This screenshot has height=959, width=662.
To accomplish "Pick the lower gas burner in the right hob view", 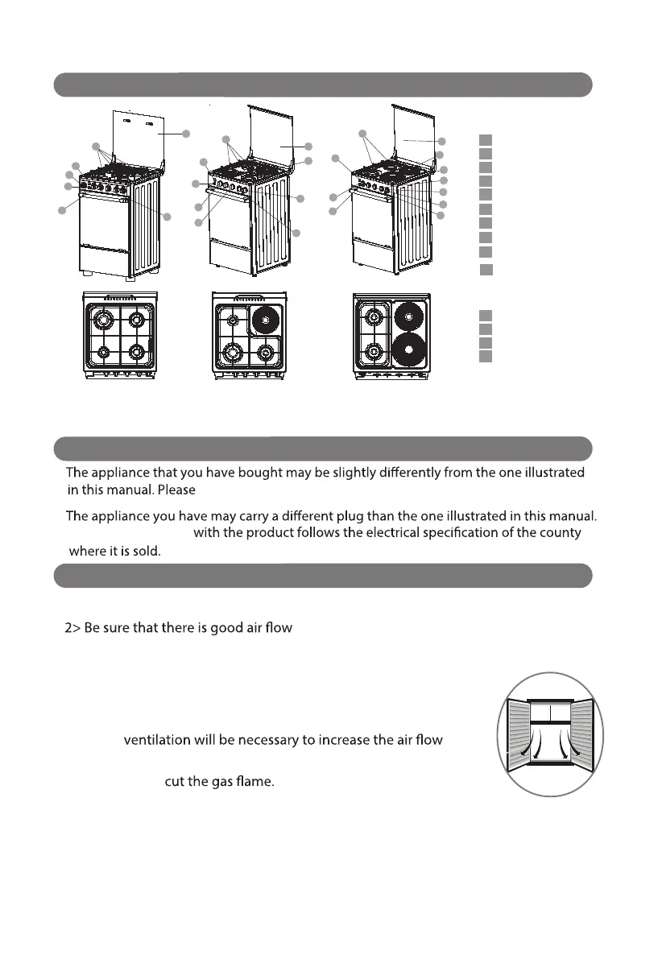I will tap(373, 351).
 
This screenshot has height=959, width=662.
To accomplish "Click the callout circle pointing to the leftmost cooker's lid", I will tap(186, 134).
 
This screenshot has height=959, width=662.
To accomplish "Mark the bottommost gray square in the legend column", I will tap(485, 357).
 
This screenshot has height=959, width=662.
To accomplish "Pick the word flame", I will tap(257, 783).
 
